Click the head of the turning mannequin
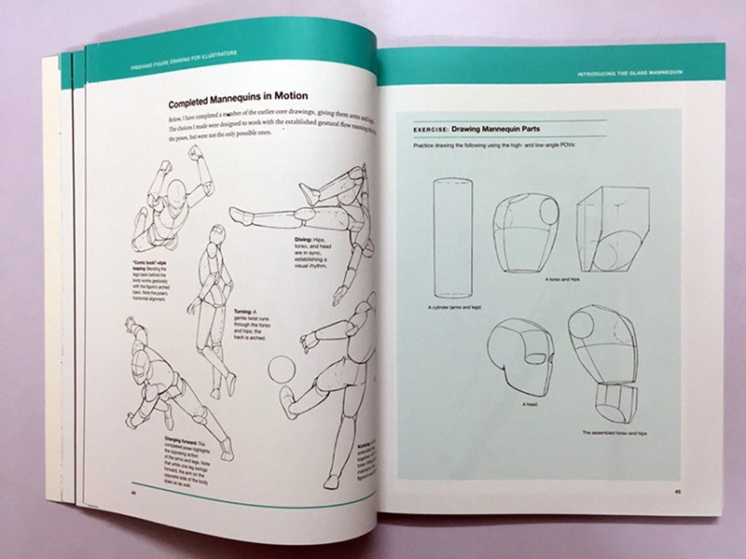(x=214, y=236)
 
